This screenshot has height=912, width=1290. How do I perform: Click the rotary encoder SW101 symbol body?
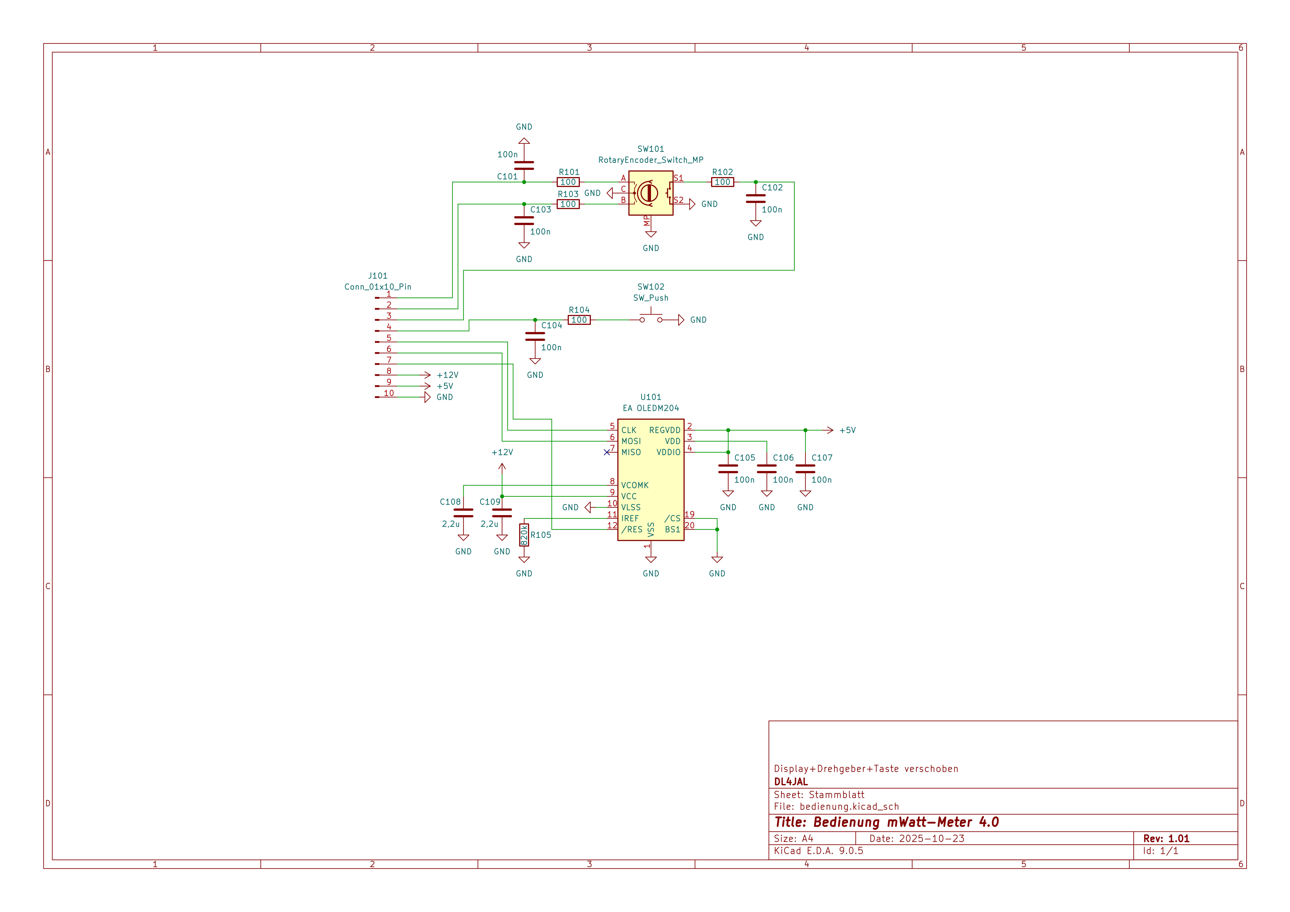pyautogui.click(x=651, y=193)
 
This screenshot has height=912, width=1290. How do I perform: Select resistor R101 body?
pyautogui.click(x=568, y=182)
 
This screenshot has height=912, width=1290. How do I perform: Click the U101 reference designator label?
pyautogui.click(x=651, y=397)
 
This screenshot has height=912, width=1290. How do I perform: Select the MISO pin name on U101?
pyautogui.click(x=631, y=452)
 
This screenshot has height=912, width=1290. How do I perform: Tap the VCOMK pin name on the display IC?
pyautogui.click(x=635, y=485)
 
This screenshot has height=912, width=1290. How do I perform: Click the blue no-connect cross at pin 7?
pyautogui.click(x=607, y=452)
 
